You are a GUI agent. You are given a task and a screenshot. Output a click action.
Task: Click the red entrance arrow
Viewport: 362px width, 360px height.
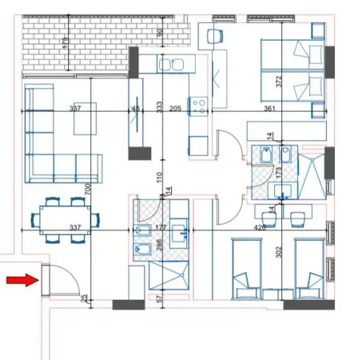(x=21, y=279)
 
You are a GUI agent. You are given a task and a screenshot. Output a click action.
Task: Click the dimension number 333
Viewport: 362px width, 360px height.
(x=160, y=106)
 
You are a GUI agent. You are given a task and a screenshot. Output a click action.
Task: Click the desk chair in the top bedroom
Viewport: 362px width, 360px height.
(x=214, y=36)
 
